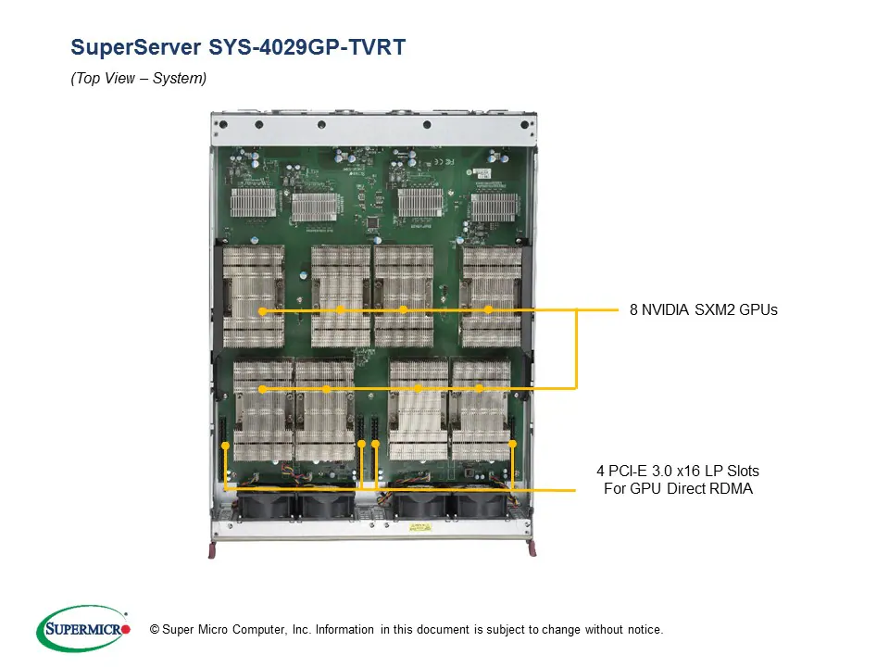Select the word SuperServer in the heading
click(139, 47)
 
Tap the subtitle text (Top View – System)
click(138, 80)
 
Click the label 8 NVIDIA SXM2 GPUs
click(703, 309)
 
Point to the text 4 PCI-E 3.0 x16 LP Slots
click(678, 472)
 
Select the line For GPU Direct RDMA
click(678, 488)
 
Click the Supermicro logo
click(82, 629)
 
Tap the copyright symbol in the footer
click(155, 630)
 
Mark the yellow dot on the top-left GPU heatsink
click(263, 311)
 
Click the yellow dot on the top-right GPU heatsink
click(489, 309)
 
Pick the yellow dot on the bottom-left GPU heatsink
click(263, 389)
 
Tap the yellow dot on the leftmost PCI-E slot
click(225, 447)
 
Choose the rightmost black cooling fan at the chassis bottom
click(477, 505)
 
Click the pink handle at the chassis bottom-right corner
click(532, 552)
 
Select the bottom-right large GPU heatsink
click(480, 408)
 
